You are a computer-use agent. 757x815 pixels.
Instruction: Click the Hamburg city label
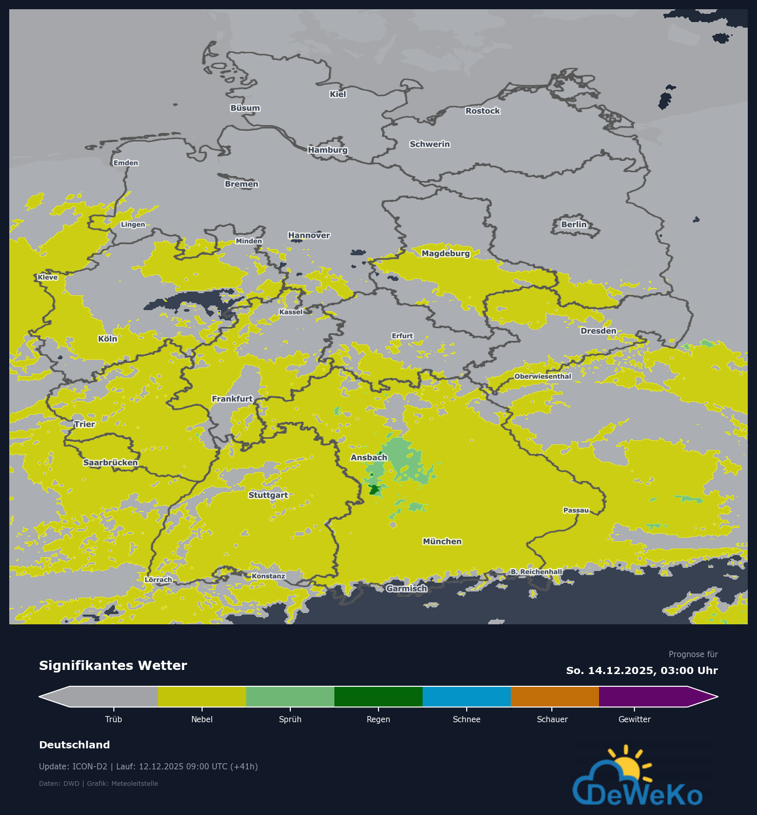[x=328, y=150]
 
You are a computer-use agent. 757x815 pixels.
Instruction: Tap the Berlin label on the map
[x=574, y=225]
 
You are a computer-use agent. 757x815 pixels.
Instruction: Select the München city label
[x=442, y=541]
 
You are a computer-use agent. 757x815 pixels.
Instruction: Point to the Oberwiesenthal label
[x=543, y=376]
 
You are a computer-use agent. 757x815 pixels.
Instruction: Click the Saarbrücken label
[x=111, y=462]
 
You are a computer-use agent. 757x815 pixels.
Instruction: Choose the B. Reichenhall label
[x=536, y=572]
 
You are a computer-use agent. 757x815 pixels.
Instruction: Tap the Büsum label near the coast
[x=245, y=108]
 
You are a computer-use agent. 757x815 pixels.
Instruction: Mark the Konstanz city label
[x=268, y=576]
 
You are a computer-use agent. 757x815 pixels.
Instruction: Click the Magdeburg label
[x=446, y=253]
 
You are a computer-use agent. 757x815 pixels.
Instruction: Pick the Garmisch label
[x=407, y=588]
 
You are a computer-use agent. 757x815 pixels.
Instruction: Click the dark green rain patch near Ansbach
[x=374, y=490]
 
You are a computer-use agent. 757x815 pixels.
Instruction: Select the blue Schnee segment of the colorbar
[x=467, y=697]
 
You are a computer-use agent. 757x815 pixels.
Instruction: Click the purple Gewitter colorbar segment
[x=643, y=697]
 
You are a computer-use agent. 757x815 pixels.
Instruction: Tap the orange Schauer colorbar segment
[x=555, y=697]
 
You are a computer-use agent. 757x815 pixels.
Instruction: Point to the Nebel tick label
[x=202, y=719]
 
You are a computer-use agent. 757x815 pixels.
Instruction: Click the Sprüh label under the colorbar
[x=290, y=719]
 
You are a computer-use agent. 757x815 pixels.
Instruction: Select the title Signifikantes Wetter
[x=113, y=665]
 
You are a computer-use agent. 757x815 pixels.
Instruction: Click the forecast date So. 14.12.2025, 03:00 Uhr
[x=642, y=670]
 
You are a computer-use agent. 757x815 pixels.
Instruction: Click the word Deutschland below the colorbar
[x=74, y=745]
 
